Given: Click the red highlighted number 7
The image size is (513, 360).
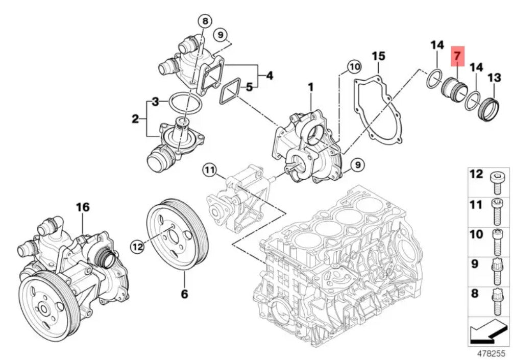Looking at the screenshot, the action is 457,56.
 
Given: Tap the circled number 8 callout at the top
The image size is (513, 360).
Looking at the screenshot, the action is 205,21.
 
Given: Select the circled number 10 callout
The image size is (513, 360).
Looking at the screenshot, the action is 354,67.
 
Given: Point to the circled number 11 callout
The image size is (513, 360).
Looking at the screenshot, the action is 209,170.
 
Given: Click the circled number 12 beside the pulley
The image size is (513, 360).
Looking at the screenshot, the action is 138,247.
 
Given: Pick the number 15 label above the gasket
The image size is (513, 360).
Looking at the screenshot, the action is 379,56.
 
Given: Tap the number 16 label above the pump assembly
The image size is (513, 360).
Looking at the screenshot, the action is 83,207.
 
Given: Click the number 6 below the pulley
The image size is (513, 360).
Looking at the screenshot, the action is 184,294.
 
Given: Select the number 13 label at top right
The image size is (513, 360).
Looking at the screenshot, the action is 494,78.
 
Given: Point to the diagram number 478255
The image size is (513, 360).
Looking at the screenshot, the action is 492,354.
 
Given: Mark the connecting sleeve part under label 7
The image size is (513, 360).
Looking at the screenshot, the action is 454,91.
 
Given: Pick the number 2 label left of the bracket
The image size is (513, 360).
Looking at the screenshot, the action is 135,119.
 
